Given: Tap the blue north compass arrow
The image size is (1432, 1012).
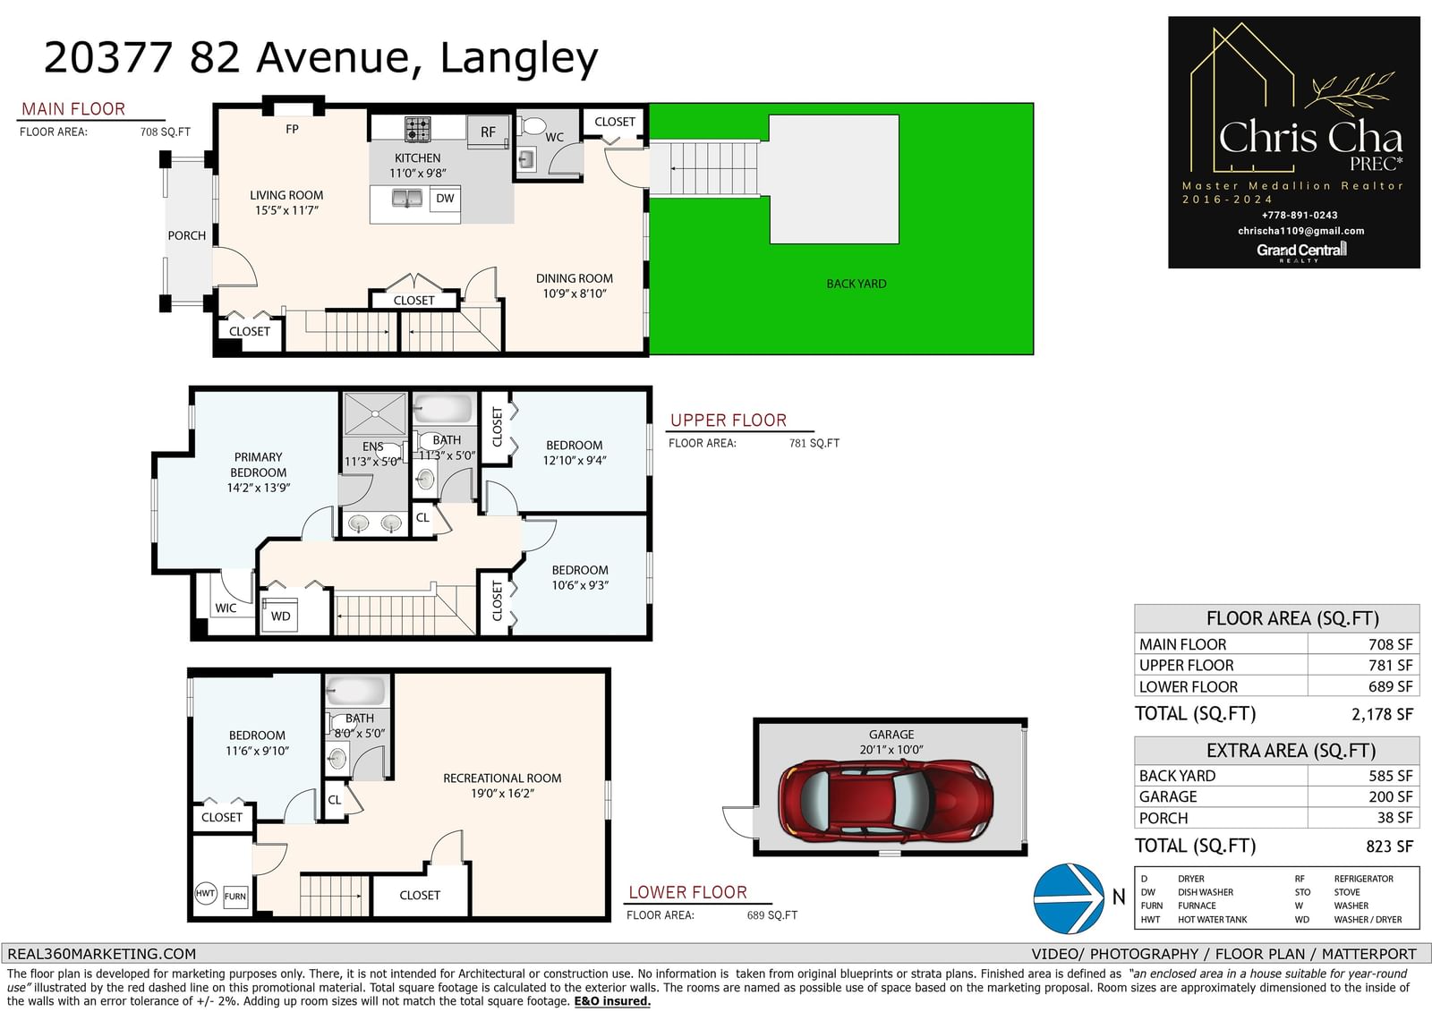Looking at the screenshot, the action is (x=1069, y=898).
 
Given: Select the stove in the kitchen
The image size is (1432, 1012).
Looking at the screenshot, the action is (x=417, y=129).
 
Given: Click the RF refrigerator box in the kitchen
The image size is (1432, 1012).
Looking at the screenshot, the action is (x=488, y=132).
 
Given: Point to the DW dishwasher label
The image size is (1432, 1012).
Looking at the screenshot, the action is (x=445, y=198).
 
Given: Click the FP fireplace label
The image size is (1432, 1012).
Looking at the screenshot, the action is (x=292, y=129).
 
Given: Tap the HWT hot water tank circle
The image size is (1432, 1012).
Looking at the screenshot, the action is (x=205, y=893).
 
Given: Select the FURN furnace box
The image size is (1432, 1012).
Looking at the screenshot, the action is (x=234, y=897).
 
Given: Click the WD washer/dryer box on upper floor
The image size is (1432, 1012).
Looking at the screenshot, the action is (x=280, y=615).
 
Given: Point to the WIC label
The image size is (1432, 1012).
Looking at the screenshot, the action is (x=226, y=608).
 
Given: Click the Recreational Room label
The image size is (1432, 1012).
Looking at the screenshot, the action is (x=502, y=778).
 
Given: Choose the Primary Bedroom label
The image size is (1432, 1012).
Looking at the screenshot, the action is (x=259, y=464).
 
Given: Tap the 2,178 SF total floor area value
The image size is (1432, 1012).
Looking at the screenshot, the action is (x=1382, y=714).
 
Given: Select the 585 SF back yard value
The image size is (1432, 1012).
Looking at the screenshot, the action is (x=1391, y=776).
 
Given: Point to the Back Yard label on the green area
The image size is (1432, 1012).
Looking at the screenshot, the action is (x=856, y=284).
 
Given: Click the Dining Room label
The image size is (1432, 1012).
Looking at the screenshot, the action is (x=574, y=278).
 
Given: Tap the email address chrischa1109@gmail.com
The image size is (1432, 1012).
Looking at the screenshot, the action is (x=1301, y=231).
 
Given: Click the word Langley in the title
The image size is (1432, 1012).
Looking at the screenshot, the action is (x=519, y=59).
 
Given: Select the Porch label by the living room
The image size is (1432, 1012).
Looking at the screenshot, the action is (x=187, y=235).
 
